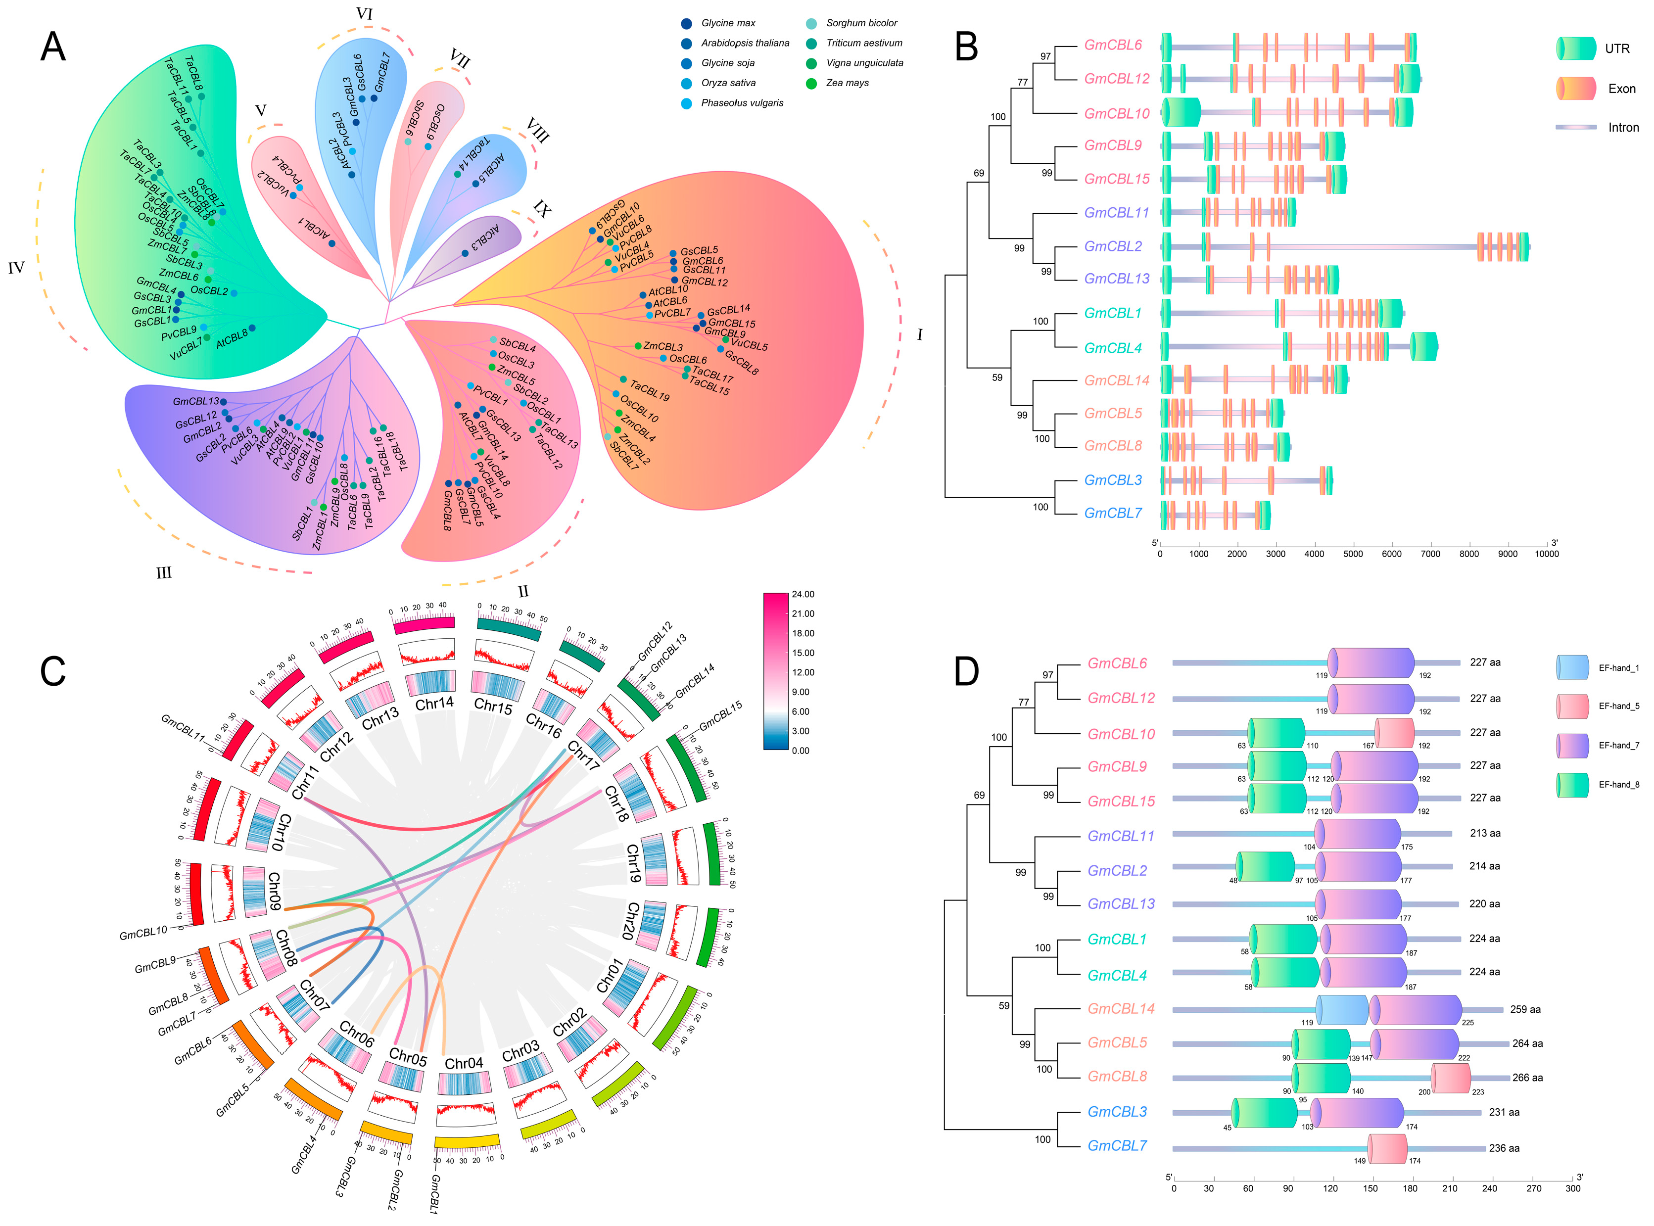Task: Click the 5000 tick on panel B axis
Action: pyautogui.click(x=1353, y=554)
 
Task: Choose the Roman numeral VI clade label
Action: pyautogui.click(x=364, y=14)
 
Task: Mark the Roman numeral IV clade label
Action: pyautogui.click(x=16, y=268)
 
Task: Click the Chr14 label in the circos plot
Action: pyautogui.click(x=434, y=702)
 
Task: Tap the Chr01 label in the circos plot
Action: pyautogui.click(x=610, y=975)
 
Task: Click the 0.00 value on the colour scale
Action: pyautogui.click(x=801, y=750)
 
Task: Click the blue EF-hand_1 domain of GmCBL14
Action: pyautogui.click(x=1342, y=1009)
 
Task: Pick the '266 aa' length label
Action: pyautogui.click(x=1527, y=1078)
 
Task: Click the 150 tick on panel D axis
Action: pyautogui.click(x=1370, y=1188)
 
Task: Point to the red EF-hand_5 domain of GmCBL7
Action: pyautogui.click(x=1388, y=1148)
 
